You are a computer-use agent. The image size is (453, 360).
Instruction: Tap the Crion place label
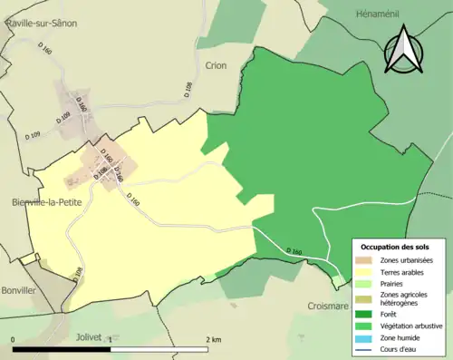point(216,65)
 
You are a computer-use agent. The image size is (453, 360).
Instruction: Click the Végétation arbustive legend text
point(410,326)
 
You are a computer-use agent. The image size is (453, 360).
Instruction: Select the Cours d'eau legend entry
point(402,349)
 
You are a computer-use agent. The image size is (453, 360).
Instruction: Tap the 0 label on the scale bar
point(14,339)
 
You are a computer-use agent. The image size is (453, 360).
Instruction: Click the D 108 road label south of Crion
point(188,90)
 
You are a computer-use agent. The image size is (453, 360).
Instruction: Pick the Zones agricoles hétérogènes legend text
point(405,298)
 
